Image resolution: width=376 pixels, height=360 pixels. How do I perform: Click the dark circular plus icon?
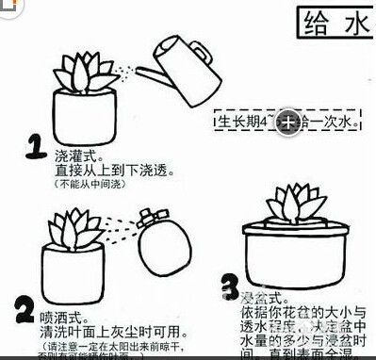(x=289, y=122)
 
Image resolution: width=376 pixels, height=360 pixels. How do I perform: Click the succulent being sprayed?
(x=74, y=226)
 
